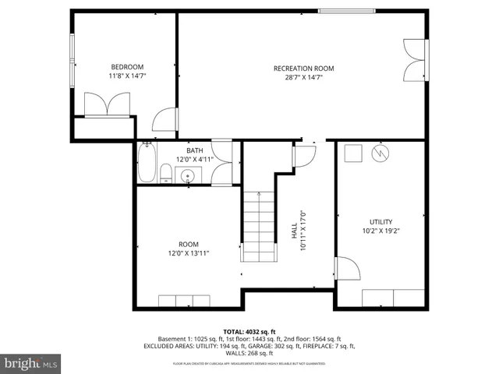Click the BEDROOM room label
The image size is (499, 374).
point(126,66)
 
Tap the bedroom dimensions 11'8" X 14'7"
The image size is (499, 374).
point(126,76)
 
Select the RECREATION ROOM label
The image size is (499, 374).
point(303,69)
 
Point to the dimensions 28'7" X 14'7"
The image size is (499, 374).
point(303,78)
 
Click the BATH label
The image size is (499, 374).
point(194,150)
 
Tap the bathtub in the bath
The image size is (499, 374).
point(146,164)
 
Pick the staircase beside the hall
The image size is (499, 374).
point(257,226)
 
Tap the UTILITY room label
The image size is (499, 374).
point(380,221)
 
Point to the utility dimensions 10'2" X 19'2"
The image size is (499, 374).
point(380,231)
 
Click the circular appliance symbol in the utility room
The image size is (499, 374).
point(380,152)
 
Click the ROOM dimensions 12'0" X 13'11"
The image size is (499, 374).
point(189,253)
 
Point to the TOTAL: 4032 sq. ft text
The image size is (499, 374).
point(249,331)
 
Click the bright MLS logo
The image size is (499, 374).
point(31,363)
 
